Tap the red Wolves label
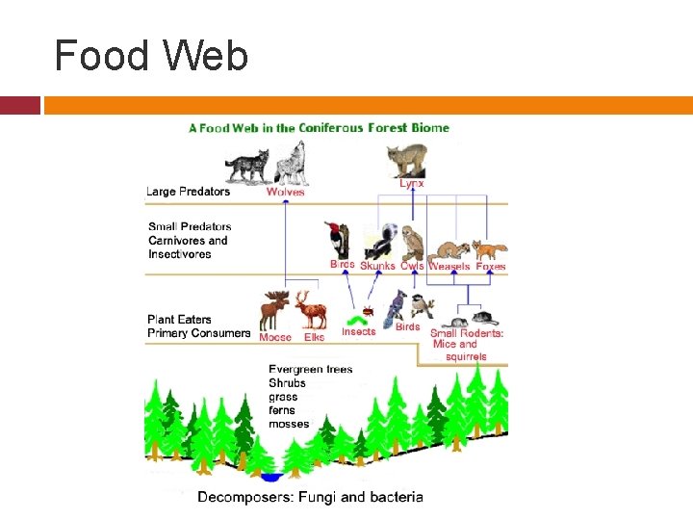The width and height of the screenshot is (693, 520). [285, 192]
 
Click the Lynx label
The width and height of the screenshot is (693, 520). [412, 183]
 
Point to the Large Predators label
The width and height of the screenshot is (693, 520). [188, 192]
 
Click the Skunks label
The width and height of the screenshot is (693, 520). [377, 266]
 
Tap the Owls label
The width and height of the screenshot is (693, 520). [412, 266]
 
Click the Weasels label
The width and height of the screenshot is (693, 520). [449, 266]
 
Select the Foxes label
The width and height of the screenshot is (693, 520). [491, 266]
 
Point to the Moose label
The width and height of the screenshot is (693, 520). [275, 338]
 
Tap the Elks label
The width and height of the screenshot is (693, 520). [314, 338]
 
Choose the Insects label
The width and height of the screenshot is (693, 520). [359, 332]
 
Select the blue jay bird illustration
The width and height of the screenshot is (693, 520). [394, 306]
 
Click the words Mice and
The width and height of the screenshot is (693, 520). [455, 344]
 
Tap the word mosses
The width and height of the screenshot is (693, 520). [289, 424]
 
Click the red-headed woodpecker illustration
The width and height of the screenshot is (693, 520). [338, 241]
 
